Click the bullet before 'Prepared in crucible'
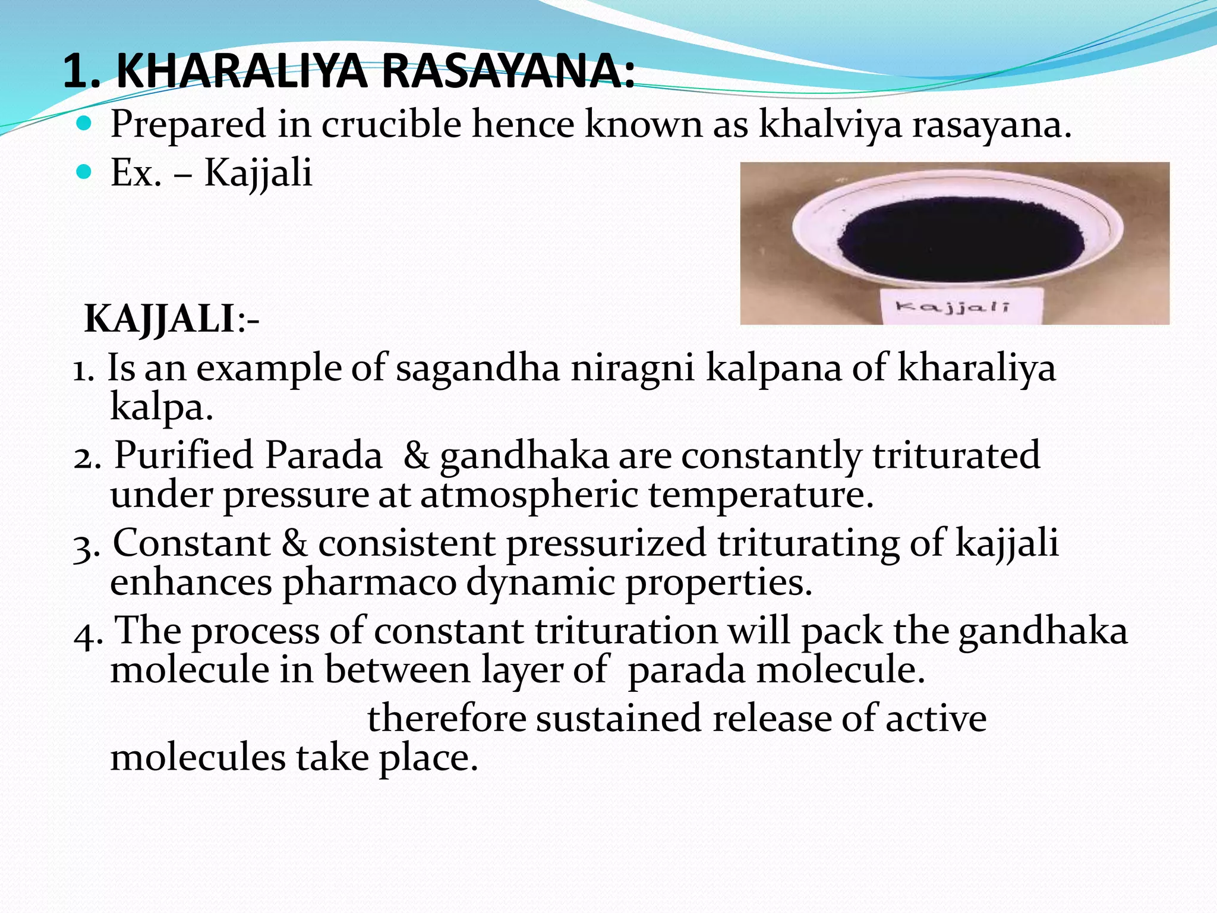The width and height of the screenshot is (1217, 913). coord(85,124)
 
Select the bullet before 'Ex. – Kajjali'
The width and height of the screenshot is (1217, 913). coord(85,173)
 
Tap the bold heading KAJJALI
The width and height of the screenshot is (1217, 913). coord(160,319)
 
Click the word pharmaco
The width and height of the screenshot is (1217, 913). coord(368,583)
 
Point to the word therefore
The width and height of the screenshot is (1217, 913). coord(446,718)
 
